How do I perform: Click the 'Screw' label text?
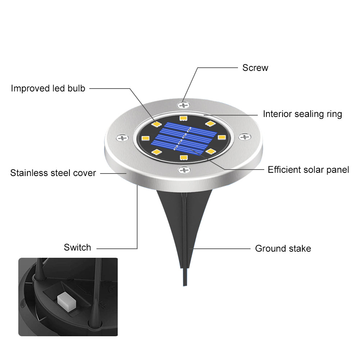pyautogui.click(x=255, y=68)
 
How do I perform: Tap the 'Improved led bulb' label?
pyautogui.click(x=48, y=88)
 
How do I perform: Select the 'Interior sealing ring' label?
pyautogui.click(x=302, y=114)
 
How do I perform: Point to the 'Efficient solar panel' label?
pyautogui.click(x=308, y=170)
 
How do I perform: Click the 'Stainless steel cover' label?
pyautogui.click(x=53, y=173)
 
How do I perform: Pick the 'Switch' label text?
pyautogui.click(x=77, y=248)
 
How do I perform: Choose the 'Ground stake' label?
pyautogui.click(x=283, y=248)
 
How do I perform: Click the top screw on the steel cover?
pyautogui.click(x=184, y=105)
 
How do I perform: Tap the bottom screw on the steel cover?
pyautogui.click(x=184, y=170)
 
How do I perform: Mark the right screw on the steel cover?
pyautogui.click(x=245, y=137)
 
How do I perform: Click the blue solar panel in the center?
pyautogui.click(x=184, y=139)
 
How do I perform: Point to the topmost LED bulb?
pyautogui.click(x=183, y=118)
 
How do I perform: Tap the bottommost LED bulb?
pyautogui.click(x=184, y=157)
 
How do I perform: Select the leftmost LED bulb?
pyautogui.click(x=145, y=138)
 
